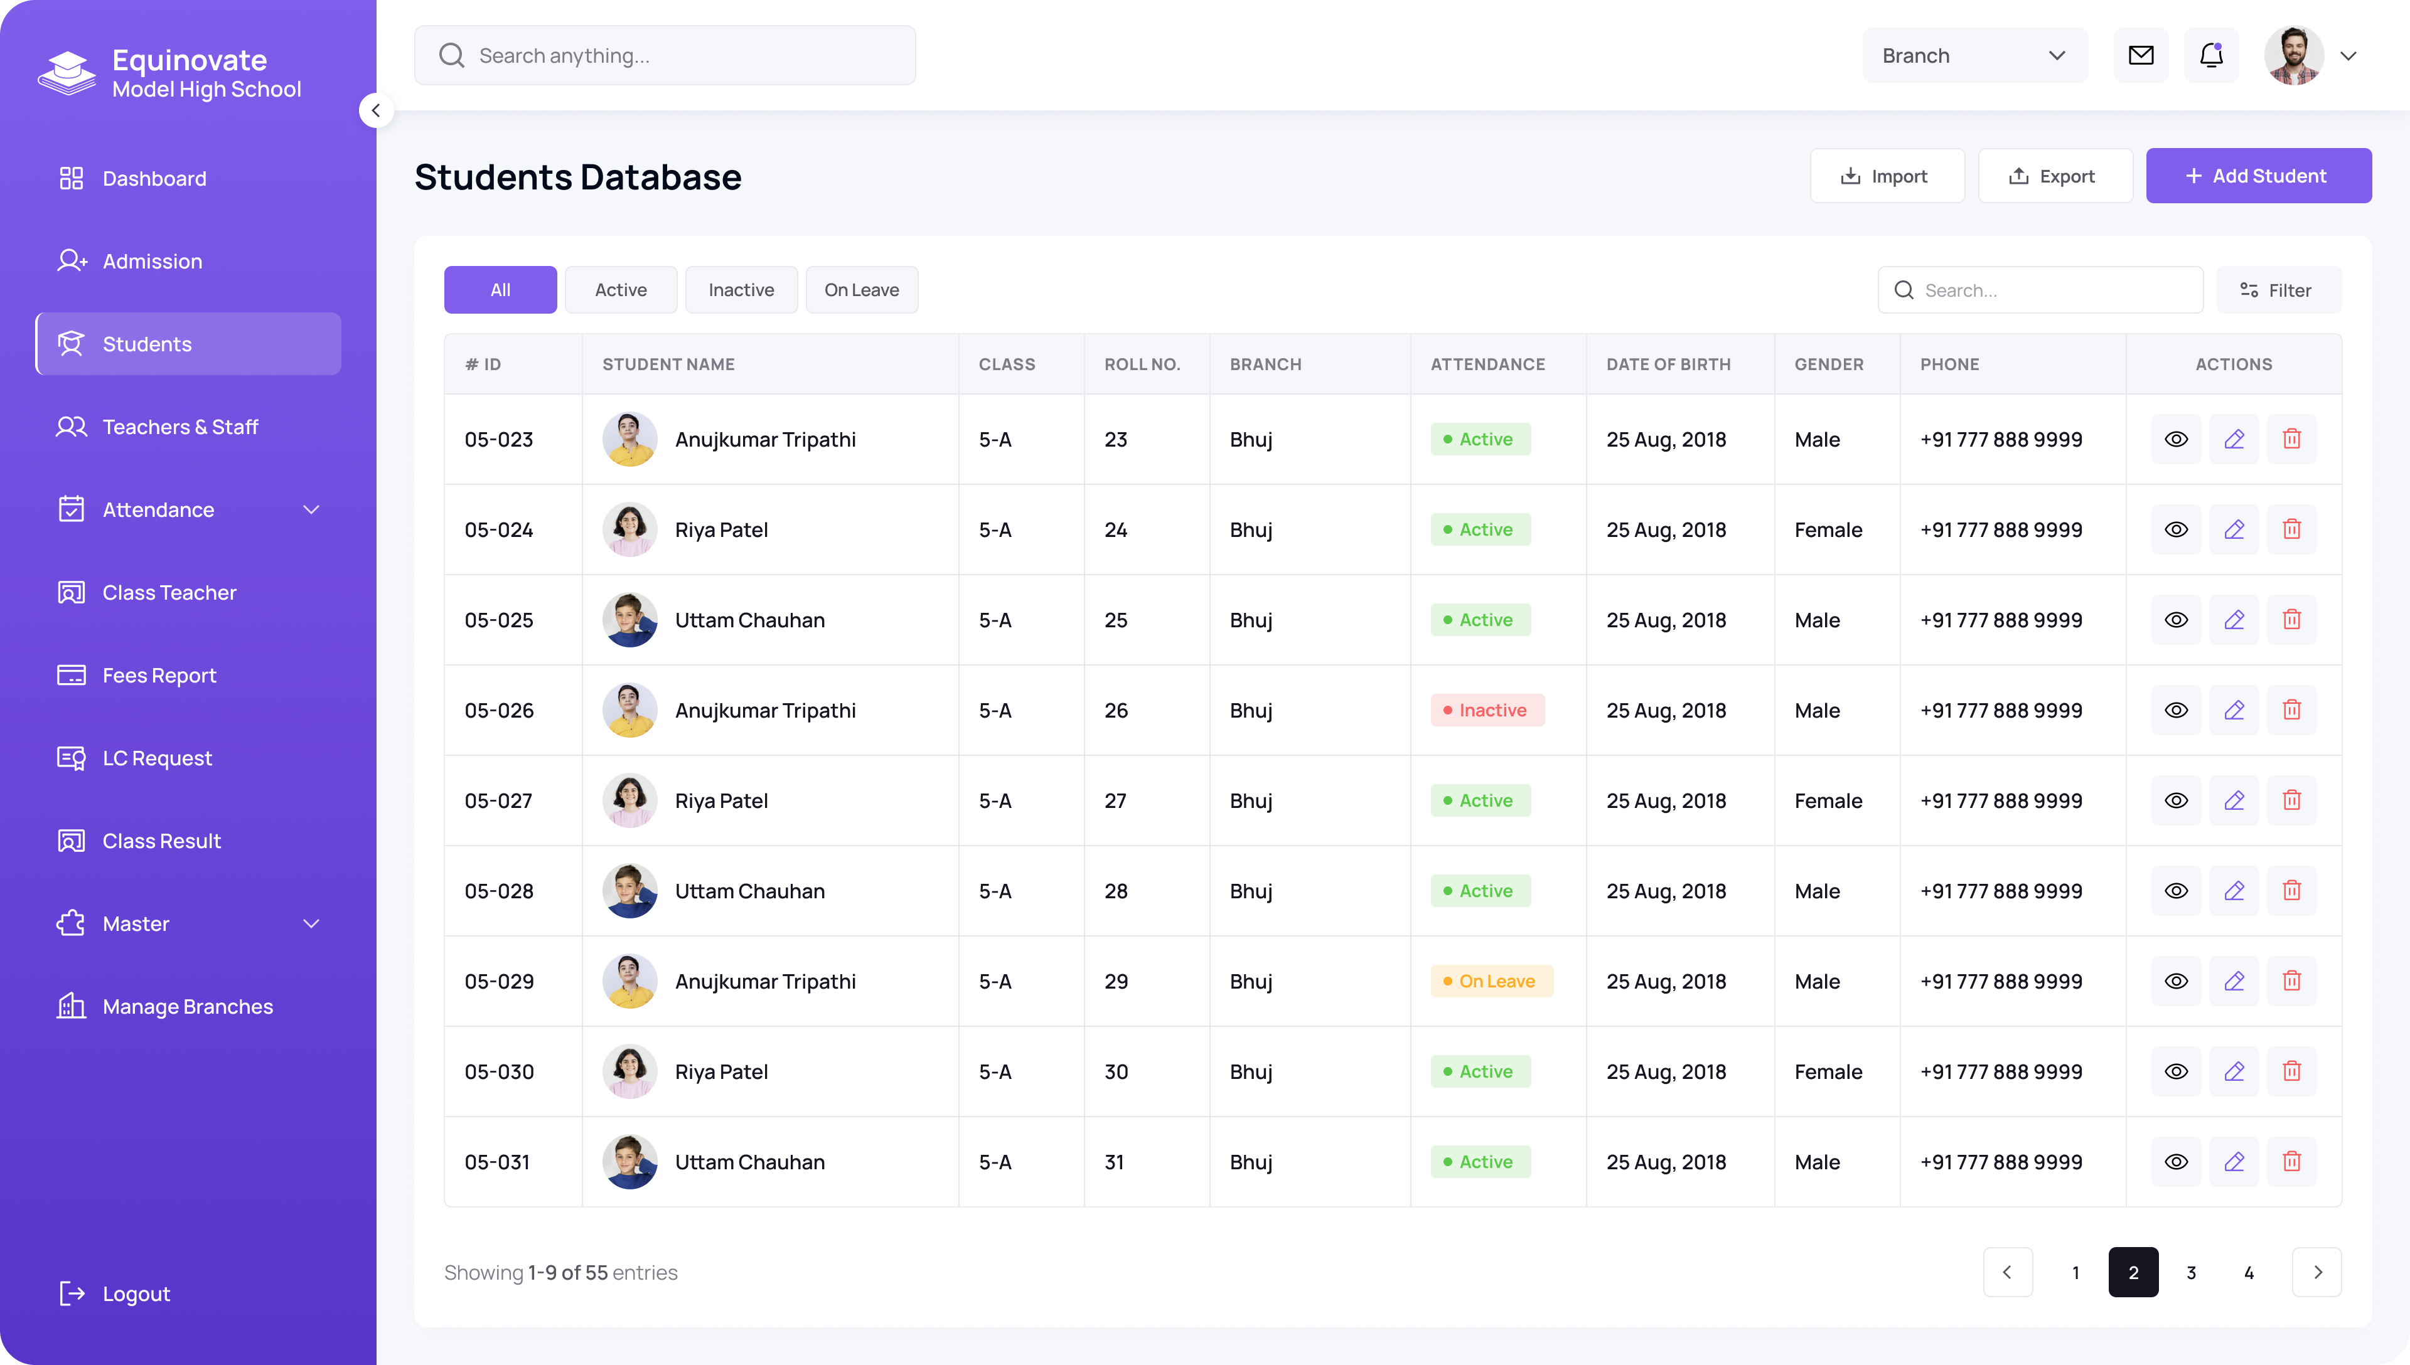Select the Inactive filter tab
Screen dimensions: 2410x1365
[741, 290]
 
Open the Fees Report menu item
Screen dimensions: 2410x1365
[159, 675]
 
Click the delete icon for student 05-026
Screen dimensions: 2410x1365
[2291, 709]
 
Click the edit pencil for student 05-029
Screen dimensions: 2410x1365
[2234, 980]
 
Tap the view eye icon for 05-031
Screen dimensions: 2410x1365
[2175, 1162]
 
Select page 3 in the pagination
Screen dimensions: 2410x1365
[2190, 1272]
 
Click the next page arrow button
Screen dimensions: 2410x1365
[2316, 1272]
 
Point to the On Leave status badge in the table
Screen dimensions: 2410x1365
[1491, 980]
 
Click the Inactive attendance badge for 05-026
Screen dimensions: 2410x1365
[1487, 709]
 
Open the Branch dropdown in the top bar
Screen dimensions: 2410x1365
[1974, 55]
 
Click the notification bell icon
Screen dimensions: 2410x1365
[2211, 55]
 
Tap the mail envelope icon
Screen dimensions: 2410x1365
[2141, 55]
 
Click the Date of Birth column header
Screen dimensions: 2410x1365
[1668, 364]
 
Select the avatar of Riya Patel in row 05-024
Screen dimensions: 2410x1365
[629, 529]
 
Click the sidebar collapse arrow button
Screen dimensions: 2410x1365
[375, 110]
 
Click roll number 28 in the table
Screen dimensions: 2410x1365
[1116, 891]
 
